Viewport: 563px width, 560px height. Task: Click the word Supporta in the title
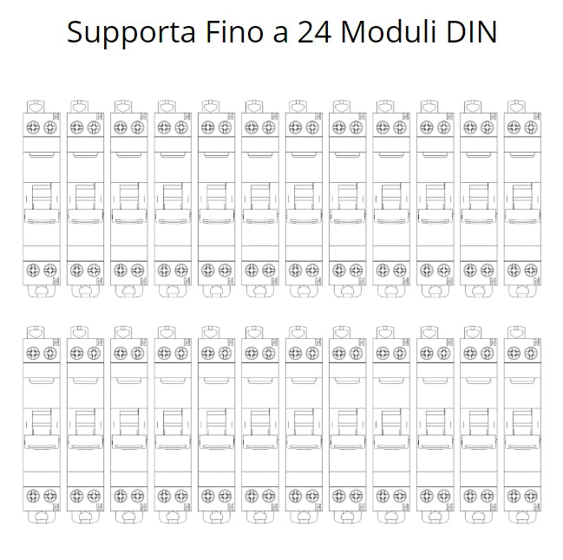pos(131,33)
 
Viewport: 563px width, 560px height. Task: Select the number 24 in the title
pos(314,32)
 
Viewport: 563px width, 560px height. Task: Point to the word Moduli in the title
pos(389,31)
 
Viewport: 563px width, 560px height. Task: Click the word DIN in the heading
pos(471,32)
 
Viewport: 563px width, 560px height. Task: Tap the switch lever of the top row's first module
pos(42,204)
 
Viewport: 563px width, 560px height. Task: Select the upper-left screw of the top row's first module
pos(33,127)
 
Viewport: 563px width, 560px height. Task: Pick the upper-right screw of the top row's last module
pos(531,127)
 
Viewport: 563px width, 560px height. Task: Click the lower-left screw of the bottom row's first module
pos(33,496)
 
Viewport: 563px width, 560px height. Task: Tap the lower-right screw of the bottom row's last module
pos(531,496)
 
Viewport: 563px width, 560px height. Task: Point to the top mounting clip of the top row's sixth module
pos(254,107)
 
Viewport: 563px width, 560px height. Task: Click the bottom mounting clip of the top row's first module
pos(42,291)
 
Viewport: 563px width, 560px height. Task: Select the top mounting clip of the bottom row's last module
pos(517,332)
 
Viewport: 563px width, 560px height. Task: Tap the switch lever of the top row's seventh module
pos(304,204)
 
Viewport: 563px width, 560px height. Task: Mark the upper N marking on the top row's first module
pos(56,116)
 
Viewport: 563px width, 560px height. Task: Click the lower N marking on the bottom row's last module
pos(537,506)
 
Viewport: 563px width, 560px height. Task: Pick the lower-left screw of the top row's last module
pos(514,270)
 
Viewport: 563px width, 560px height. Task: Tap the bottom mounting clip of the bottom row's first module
pos(42,517)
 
